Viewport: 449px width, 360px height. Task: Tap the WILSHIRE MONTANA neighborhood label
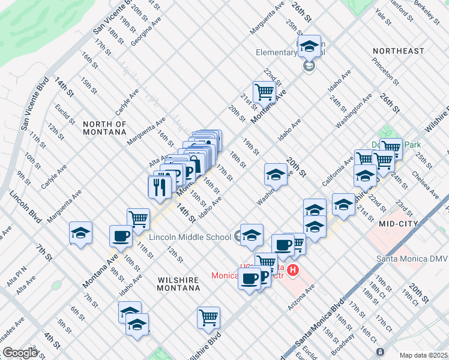pos(170,284)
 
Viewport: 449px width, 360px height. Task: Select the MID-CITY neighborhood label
pos(397,223)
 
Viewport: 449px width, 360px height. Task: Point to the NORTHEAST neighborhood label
pos(398,51)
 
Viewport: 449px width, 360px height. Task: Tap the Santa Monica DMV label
pos(411,259)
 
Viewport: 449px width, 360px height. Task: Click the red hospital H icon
pos(293,271)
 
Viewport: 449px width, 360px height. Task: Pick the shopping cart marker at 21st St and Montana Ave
pos(264,92)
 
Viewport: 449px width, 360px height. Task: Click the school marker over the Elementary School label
pos(309,46)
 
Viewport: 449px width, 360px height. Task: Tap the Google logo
pos(20,353)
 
